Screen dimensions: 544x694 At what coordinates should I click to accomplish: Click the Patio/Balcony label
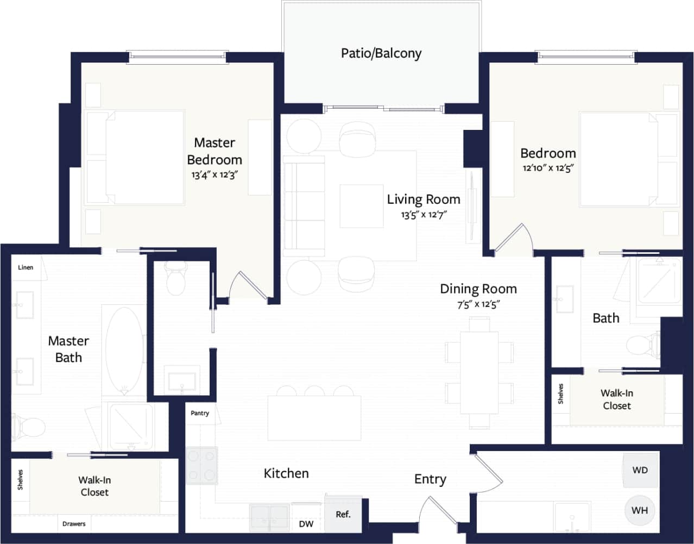point(381,53)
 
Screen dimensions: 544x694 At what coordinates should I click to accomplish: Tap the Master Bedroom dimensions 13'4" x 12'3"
point(215,175)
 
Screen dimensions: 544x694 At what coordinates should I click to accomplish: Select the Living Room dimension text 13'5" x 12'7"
point(424,215)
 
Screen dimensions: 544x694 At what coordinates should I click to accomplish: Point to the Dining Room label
point(478,289)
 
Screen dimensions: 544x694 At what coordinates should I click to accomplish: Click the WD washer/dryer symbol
point(640,470)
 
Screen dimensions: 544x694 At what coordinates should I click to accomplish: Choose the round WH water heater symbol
point(640,510)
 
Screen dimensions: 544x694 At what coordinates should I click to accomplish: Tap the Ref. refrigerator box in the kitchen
point(343,514)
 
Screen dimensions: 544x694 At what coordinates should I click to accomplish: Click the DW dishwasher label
point(306,524)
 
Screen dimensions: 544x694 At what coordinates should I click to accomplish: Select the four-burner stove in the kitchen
point(202,465)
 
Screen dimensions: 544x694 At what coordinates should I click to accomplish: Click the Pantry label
point(200,413)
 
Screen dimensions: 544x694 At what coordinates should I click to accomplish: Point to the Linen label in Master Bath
point(26,267)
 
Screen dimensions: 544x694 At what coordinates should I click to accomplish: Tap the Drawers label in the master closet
point(74,524)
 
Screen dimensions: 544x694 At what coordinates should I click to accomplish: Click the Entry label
point(430,479)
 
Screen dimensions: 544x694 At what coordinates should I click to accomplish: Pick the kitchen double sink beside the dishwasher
point(270,517)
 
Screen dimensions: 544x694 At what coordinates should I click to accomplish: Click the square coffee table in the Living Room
point(361,206)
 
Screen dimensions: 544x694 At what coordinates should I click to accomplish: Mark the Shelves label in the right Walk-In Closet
point(560,394)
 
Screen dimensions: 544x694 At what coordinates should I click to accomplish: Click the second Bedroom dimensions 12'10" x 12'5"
point(548,168)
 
